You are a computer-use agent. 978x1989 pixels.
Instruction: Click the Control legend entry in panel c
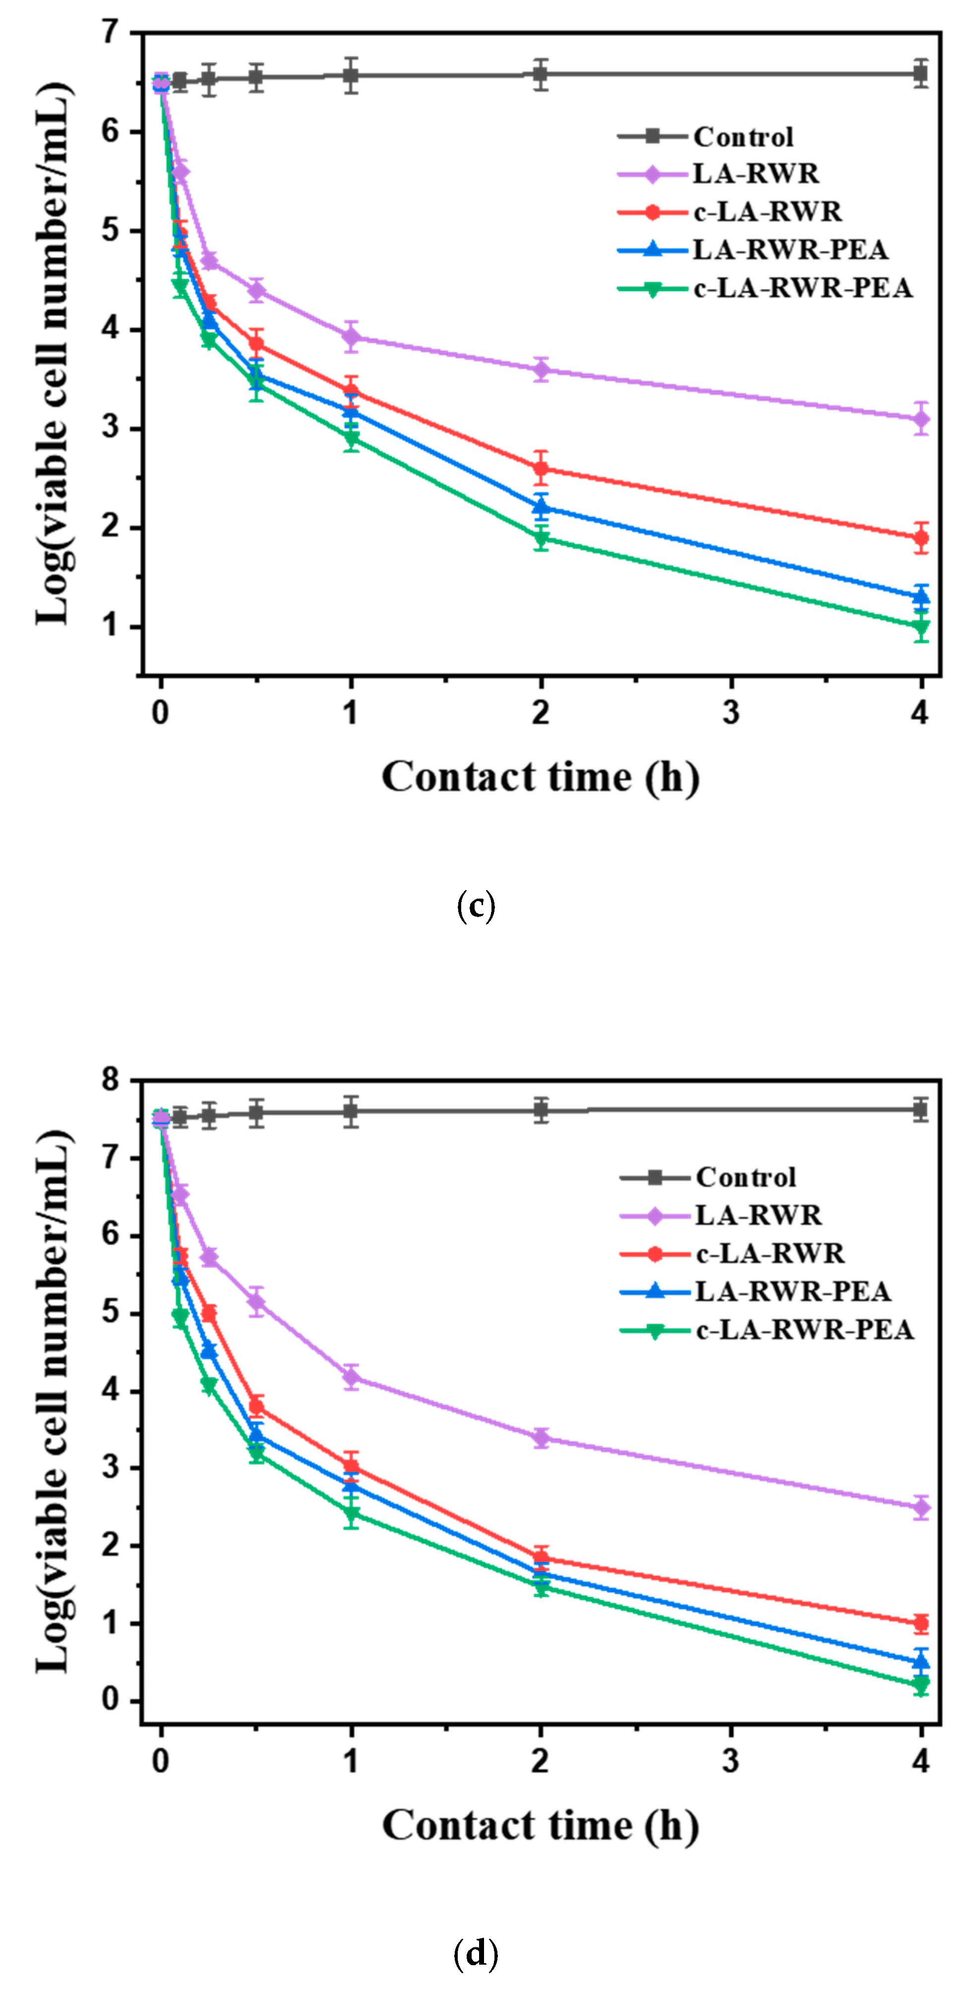pos(743,137)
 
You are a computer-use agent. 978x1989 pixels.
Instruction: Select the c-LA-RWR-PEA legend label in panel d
pos(804,1330)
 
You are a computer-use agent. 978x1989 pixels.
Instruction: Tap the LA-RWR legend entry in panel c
pos(755,174)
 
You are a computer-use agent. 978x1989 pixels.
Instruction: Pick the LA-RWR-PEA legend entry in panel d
pos(793,1291)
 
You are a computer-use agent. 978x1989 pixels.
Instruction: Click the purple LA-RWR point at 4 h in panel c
pos(920,419)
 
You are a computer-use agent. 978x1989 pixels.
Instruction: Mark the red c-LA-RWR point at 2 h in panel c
pos(541,468)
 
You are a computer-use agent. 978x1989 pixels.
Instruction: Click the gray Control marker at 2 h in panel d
pos(541,1110)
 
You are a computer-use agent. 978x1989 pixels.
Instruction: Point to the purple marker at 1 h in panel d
pos(351,1377)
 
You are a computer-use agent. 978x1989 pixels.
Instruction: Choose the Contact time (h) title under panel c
pos(540,777)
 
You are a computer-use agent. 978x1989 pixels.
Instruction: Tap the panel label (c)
pos(476,906)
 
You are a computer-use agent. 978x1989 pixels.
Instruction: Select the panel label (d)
pos(476,1953)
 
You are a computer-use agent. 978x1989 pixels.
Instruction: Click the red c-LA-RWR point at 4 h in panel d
pos(920,1622)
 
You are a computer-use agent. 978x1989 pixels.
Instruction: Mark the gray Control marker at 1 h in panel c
pos(351,76)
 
